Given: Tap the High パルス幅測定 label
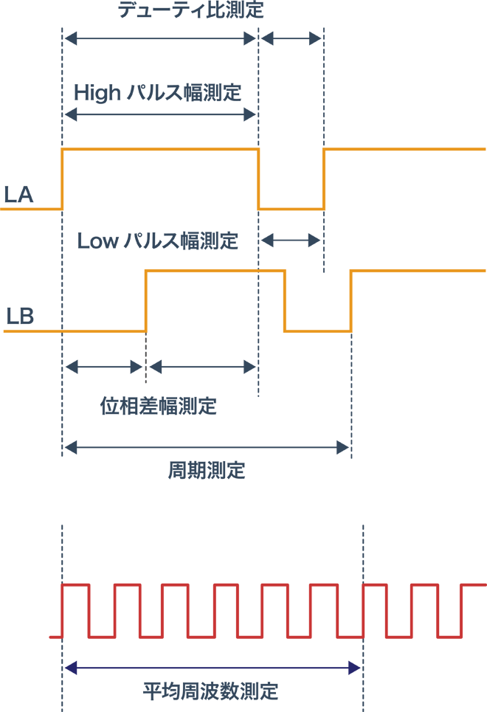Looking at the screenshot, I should pyautogui.click(x=158, y=93).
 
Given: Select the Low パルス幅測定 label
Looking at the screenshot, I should pyautogui.click(x=158, y=241).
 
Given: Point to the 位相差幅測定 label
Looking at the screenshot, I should pyautogui.click(x=159, y=406).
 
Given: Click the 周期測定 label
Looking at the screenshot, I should pyautogui.click(x=207, y=471).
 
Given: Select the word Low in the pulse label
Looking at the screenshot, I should pyautogui.click(x=97, y=241).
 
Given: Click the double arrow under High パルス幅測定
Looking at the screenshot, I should pyautogui.click(x=160, y=114).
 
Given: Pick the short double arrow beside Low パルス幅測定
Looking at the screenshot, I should pyautogui.click(x=291, y=240).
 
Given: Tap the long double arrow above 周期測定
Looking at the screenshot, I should pyautogui.click(x=207, y=446).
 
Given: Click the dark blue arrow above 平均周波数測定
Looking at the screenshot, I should pyautogui.click(x=213, y=668).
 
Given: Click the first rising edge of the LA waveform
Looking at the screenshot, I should pyautogui.click(x=63, y=179).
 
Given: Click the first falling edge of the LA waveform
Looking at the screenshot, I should pyautogui.click(x=258, y=179).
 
